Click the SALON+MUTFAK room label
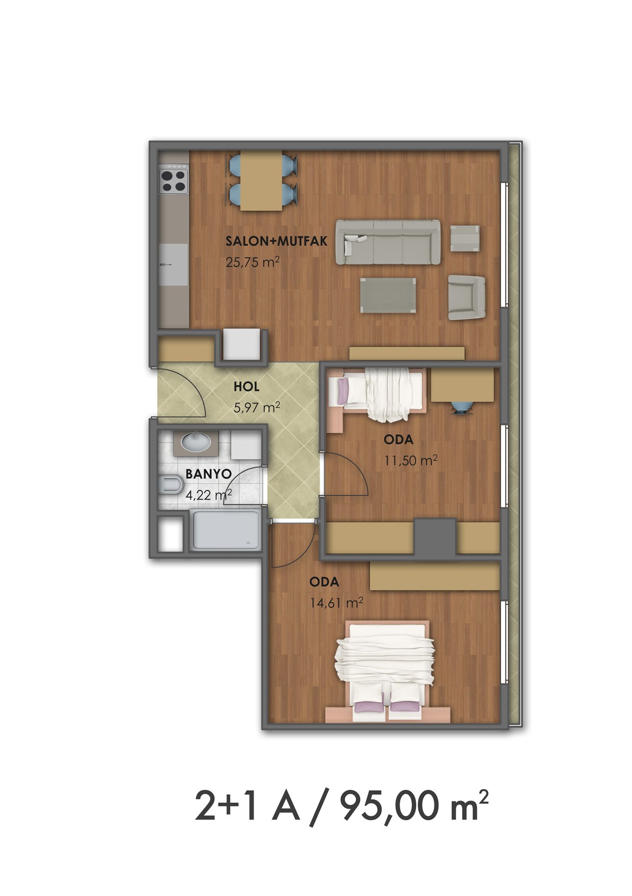[277, 241]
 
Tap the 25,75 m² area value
[253, 262]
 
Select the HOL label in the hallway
[247, 386]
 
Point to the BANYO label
[208, 474]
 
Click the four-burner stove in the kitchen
[174, 181]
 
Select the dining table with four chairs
[261, 180]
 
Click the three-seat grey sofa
[388, 242]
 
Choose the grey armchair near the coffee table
[466, 297]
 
